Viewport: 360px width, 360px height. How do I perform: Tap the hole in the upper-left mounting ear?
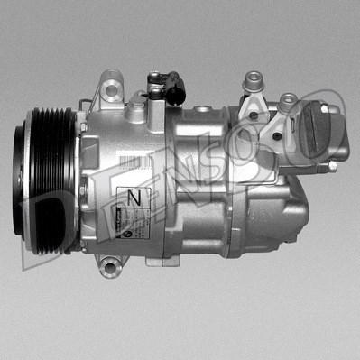pos(111,89)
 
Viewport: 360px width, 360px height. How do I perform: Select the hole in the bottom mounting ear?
pos(109,266)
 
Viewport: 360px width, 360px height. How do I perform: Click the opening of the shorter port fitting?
pos(287,98)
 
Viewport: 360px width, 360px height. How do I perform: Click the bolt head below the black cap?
pos(332,166)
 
